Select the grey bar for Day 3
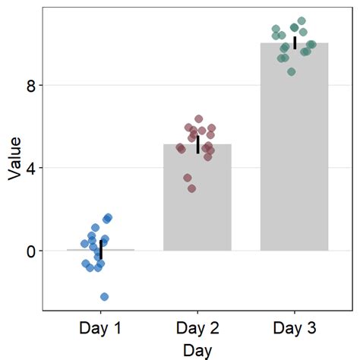click(x=294, y=152)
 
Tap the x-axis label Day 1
click(x=101, y=329)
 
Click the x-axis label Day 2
click(x=197, y=329)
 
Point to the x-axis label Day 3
click(x=294, y=329)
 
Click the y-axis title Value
click(x=14, y=158)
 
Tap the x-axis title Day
click(x=197, y=350)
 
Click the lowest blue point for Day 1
click(x=104, y=296)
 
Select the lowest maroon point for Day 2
click(x=191, y=188)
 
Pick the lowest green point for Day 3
click(x=292, y=71)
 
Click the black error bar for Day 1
click(x=101, y=250)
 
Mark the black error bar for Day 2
click(x=197, y=144)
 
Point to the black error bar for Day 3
click(x=295, y=42)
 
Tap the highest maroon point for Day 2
click(x=199, y=119)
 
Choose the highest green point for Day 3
click(x=302, y=21)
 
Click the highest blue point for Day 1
click(x=108, y=218)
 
